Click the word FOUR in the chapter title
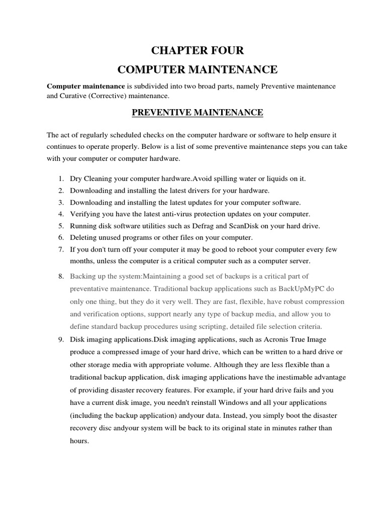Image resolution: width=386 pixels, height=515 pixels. click(227, 50)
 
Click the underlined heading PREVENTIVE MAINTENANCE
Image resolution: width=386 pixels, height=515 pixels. click(198, 113)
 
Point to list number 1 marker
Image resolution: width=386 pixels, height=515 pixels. click(60, 179)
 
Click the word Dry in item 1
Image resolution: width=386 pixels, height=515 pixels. click(76, 179)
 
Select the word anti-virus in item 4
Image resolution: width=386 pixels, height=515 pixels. click(175, 214)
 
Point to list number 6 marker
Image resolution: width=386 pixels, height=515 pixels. click(60, 237)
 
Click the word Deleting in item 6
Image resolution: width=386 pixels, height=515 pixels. click(83, 237)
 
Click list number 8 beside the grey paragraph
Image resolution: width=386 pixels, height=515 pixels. click(60, 277)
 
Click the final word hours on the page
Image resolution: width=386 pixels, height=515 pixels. click(79, 441)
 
